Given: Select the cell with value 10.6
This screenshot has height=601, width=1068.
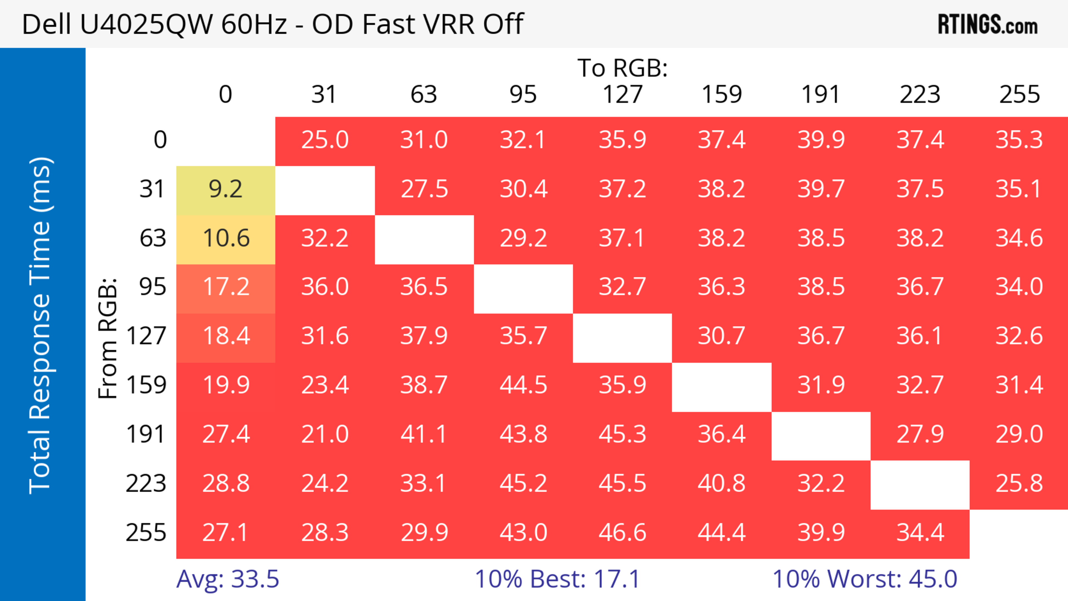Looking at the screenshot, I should coord(226,239).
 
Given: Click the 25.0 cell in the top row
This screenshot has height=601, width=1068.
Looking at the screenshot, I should coord(325,140).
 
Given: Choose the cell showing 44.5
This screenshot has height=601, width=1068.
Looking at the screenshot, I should coord(523,385).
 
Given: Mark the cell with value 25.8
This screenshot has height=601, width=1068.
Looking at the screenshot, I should coord(1019,484).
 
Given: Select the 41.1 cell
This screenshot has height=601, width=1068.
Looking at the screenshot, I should coord(424,435).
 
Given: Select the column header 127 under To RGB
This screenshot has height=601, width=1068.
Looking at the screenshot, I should coord(622,95).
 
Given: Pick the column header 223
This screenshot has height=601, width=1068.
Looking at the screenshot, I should coord(920,95).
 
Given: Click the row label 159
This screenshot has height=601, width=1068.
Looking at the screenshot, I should coord(146,385).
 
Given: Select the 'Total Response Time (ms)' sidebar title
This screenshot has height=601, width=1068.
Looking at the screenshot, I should coord(41,325).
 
